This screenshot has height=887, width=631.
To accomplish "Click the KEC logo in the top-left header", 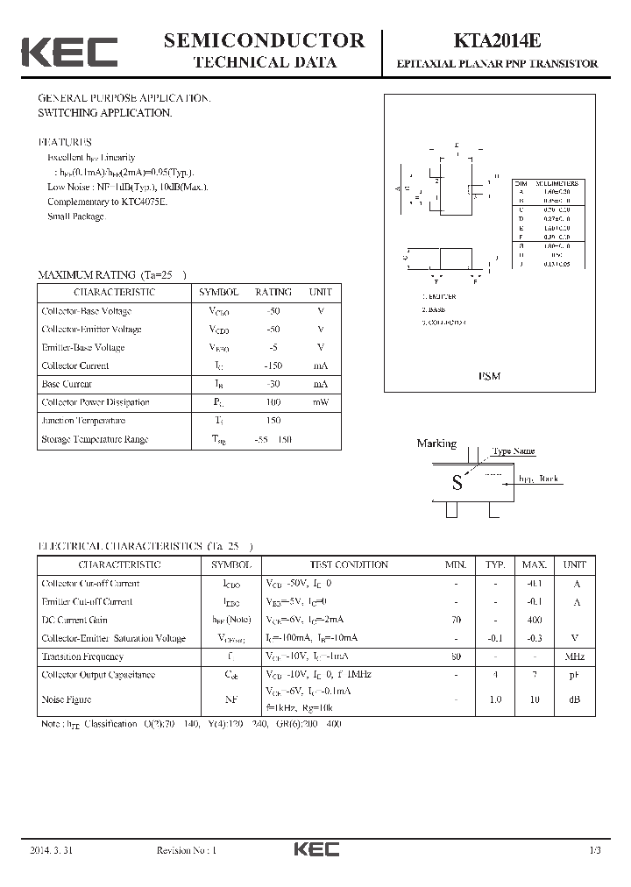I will click(69, 52).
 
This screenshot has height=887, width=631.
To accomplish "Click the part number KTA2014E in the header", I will click(497, 41).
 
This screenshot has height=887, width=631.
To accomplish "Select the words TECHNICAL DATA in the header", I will click(264, 62).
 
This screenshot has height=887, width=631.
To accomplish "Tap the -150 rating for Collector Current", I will click(273, 365).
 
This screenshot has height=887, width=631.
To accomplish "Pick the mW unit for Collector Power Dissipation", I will click(320, 402).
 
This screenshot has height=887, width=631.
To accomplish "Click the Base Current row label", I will click(67, 384).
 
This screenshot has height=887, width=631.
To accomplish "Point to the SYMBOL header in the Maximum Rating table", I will click(218, 292).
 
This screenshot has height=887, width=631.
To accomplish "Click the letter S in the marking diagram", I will click(457, 482).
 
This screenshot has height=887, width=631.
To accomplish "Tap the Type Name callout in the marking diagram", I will click(513, 451).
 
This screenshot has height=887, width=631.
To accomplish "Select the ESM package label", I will click(490, 375).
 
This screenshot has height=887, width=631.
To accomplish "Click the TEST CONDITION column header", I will click(349, 565).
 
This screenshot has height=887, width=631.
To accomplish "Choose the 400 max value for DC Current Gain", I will click(534, 620).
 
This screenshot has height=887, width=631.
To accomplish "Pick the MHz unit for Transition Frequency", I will click(574, 656).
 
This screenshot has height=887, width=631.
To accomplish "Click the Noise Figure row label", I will click(67, 699).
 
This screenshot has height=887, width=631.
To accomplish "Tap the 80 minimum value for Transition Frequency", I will click(456, 656).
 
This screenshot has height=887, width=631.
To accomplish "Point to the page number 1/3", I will click(595, 850).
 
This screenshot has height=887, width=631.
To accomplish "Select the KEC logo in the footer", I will click(315, 849).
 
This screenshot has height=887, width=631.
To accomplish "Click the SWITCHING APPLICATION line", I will click(104, 113).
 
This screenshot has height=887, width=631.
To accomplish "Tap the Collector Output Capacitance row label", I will click(98, 675).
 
